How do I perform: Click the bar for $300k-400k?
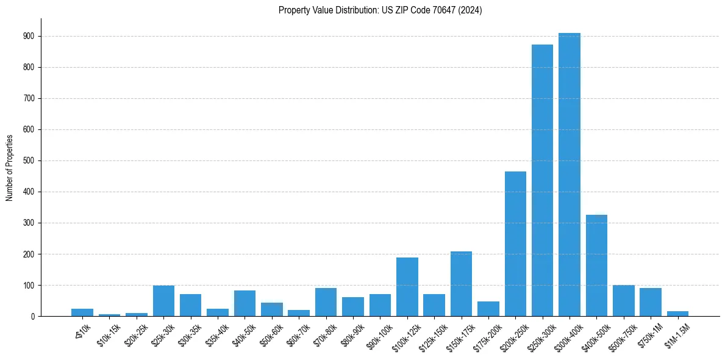pyautogui.click(x=569, y=175)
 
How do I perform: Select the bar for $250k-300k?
pyautogui.click(x=542, y=181)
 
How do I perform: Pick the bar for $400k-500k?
pyautogui.click(x=596, y=265)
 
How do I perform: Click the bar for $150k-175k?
pyautogui.click(x=461, y=284)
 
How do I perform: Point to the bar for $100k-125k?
pyautogui.click(x=407, y=287)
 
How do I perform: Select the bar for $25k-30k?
pyautogui.click(x=163, y=301)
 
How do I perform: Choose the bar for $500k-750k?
pyautogui.click(x=623, y=301)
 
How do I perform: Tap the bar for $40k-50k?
pyautogui.click(x=245, y=303)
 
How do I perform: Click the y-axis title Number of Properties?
pyautogui.click(x=10, y=168)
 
